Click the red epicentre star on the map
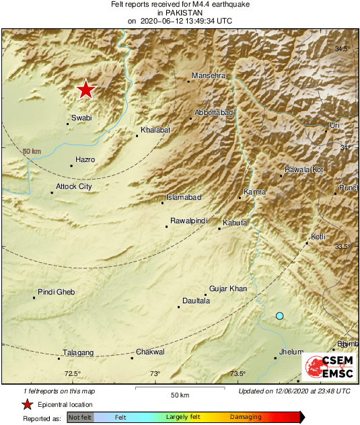point(85,89)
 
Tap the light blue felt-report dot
point(280,315)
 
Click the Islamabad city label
point(184,198)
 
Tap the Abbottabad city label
point(213,113)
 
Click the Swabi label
point(81,118)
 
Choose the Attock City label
point(73,186)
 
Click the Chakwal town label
point(150,352)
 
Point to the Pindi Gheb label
point(57,292)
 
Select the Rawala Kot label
point(304,170)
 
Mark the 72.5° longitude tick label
point(73,374)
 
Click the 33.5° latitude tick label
point(343,247)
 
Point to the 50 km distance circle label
point(32,152)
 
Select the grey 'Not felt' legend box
point(81,418)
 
